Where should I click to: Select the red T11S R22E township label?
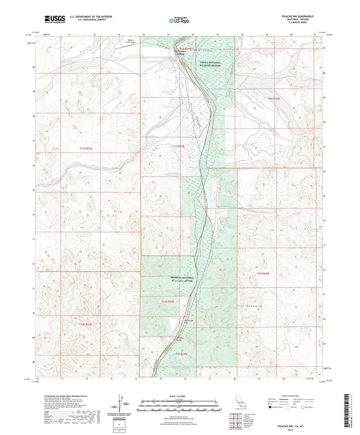(x=177, y=146)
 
